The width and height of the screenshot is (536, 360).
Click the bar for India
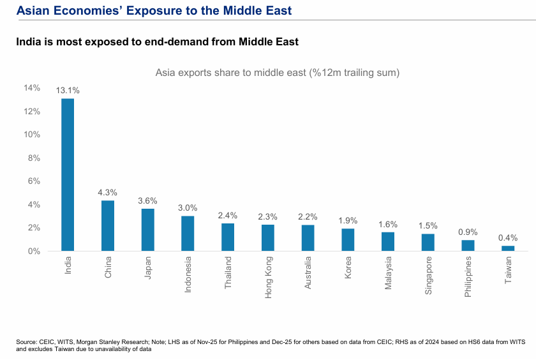coord(68,174)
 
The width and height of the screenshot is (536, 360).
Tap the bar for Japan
coord(147,230)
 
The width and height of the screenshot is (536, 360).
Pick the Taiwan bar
coord(508,248)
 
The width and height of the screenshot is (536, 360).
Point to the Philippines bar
coord(468,245)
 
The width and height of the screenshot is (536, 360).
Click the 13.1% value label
coord(68,91)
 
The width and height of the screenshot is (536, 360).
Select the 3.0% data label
coord(188,208)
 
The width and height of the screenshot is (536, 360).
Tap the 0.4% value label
coord(509,238)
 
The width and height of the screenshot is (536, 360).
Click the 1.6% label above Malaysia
coord(388,225)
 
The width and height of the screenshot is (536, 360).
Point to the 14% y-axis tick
coord(32,88)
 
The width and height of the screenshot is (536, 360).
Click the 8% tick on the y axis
coord(34,158)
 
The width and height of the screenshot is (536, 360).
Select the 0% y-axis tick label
coord(34,251)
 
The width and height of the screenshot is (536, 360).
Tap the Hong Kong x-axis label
coord(268,273)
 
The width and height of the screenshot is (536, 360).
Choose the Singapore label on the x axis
coord(428,276)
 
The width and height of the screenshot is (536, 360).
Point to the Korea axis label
coord(348,268)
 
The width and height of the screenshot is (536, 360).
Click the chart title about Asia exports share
coord(278,73)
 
